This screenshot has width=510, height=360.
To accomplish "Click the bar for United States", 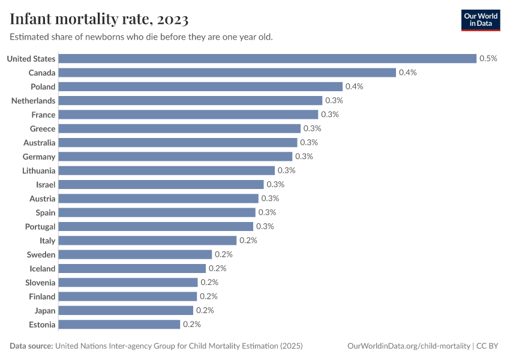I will [x=267, y=59].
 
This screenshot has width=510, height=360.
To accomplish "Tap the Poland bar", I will [x=200, y=86].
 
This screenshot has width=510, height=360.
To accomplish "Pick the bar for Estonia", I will [x=119, y=325].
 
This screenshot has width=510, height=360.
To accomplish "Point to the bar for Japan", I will [x=125, y=311].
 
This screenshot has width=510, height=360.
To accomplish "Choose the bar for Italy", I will [x=147, y=241].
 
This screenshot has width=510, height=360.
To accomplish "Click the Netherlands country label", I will [x=33, y=101].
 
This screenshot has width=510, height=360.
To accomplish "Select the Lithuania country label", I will [x=38, y=170].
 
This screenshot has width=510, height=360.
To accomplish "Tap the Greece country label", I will [x=43, y=128].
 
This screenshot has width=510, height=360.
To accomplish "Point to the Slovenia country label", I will [x=40, y=283].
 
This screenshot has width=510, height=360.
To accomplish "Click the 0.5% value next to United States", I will [x=488, y=59].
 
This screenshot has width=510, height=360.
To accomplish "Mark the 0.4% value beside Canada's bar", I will [x=407, y=73].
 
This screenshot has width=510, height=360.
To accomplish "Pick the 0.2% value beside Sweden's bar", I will [x=223, y=254].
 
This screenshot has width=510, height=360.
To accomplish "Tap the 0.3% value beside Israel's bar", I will [x=275, y=185].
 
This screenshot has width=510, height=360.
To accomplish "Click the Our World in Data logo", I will [x=481, y=20].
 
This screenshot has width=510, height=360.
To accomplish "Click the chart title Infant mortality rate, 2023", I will [x=99, y=20].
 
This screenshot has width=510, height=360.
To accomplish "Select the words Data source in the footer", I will [x=31, y=346].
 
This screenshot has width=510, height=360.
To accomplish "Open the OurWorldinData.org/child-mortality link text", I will [x=409, y=346].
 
